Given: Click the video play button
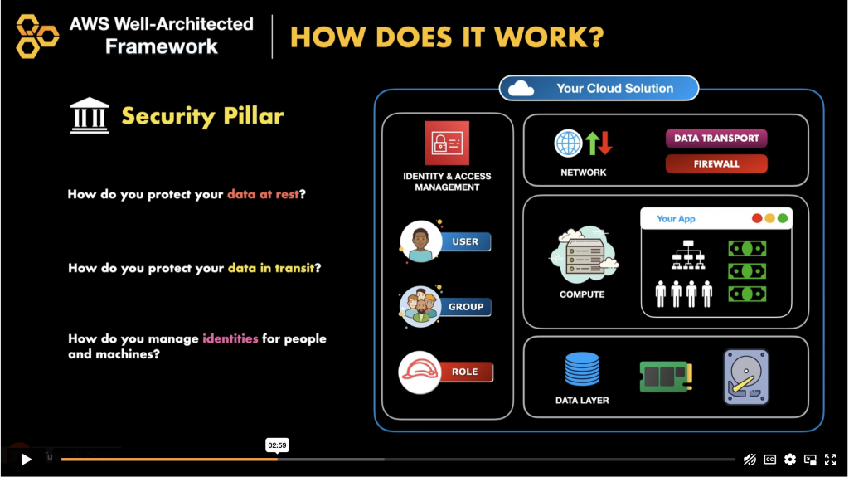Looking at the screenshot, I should tap(26, 459).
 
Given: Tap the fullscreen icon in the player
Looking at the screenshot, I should tap(830, 459).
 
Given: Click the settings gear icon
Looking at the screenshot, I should tap(790, 459).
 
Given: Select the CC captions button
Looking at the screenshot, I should tap(770, 459).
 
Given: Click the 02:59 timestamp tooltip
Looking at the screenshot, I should tap(277, 445).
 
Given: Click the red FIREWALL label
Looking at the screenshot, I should tap(716, 164).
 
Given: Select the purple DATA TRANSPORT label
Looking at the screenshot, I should tap(716, 139).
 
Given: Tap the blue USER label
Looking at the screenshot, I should tap(465, 241).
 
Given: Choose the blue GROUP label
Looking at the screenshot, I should tap(465, 307).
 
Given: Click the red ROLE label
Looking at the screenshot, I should tap(465, 372).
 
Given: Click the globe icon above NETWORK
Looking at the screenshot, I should tap(569, 144).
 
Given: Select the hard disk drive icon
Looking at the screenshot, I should tap(745, 376).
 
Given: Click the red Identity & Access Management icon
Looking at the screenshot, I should tap(447, 143).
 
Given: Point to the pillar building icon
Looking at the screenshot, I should tap(90, 115).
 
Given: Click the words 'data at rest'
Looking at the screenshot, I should tap(262, 195).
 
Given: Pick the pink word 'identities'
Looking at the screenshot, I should tap(230, 338).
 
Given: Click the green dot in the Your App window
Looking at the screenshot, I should tap(783, 219).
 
